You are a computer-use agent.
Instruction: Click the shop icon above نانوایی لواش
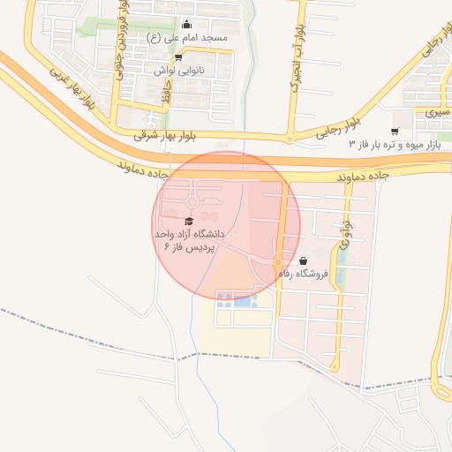pyautogui.click(x=179, y=56)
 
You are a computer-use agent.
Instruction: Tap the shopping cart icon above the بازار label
pyautogui.click(x=394, y=131)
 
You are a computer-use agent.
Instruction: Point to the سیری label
pyautogui.click(x=435, y=113)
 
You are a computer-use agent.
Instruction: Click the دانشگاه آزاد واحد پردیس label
pyautogui.click(x=190, y=240)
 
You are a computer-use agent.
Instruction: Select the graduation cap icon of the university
pyautogui.click(x=189, y=221)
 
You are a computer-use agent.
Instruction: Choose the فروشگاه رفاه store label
pyautogui.click(x=303, y=274)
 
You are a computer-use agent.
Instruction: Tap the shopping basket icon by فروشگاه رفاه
pyautogui.click(x=304, y=261)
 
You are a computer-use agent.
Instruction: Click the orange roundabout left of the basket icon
pyautogui.click(x=277, y=262)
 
